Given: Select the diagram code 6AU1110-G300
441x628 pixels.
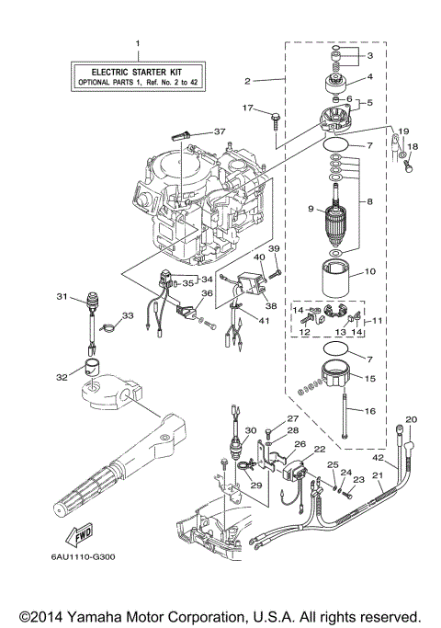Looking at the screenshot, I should pos(77,555).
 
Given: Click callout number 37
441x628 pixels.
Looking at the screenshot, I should pos(219,131).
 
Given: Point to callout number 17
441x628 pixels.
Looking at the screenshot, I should pos(246,108).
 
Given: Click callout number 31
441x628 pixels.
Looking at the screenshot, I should pos(62,296).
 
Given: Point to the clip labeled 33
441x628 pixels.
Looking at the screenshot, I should pos(107,323).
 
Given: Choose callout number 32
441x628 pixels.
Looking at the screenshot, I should pos(62,375).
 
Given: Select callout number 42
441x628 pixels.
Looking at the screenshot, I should pos(379,456).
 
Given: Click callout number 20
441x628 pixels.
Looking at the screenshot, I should pos(411,419).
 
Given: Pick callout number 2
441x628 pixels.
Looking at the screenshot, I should pos(247,81).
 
